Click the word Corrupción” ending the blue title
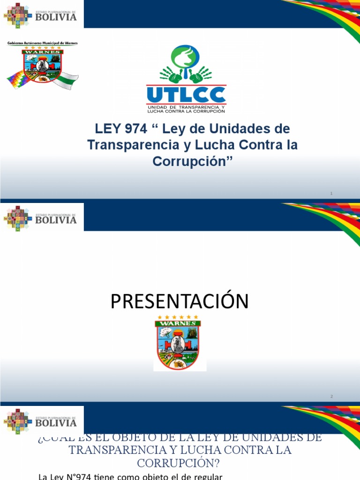(193, 161)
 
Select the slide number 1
(331, 193)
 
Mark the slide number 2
(331, 397)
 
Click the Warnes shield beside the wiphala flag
(42, 66)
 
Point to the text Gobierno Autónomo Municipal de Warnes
(42, 43)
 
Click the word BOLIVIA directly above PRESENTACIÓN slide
(56, 220)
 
